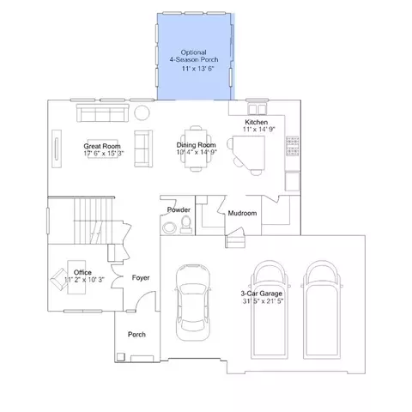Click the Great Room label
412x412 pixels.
[102, 146]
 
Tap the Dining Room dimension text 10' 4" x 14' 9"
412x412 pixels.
[197, 152]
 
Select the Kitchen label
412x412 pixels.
[257, 122]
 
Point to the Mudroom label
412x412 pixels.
[242, 213]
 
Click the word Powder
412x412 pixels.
[179, 209]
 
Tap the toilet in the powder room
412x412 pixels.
[186, 225]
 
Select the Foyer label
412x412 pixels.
[141, 278]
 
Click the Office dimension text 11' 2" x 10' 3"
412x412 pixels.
[84, 280]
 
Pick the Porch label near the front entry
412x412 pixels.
[136, 335]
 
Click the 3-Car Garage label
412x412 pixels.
[262, 294]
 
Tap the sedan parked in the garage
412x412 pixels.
[193, 302]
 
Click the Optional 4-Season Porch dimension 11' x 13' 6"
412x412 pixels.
[198, 69]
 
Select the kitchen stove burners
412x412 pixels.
[293, 146]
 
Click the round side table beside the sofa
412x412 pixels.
[142, 112]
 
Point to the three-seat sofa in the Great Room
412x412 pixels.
[102, 113]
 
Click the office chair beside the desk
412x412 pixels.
[59, 279]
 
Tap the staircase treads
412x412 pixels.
[93, 221]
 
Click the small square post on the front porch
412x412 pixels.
[121, 357]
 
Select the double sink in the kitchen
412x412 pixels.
[257, 109]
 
